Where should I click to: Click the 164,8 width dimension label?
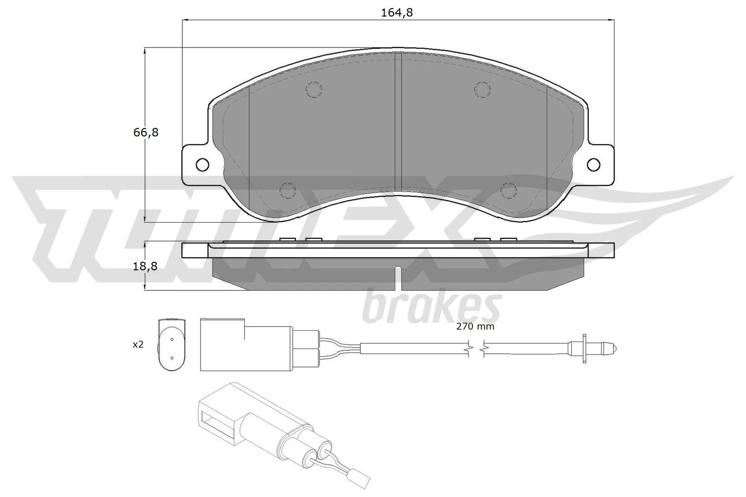[397, 13]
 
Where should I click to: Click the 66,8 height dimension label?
[146, 133]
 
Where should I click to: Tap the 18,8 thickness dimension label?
[145, 266]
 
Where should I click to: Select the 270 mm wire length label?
[475, 327]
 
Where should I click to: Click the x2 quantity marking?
[138, 345]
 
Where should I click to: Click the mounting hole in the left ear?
[202, 164]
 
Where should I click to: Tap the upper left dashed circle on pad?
[315, 89]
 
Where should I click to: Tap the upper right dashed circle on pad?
[482, 89]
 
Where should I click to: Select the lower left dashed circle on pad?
[288, 190]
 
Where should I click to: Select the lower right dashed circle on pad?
[509, 190]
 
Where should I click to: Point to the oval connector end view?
[172, 344]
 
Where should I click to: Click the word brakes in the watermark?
[431, 307]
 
